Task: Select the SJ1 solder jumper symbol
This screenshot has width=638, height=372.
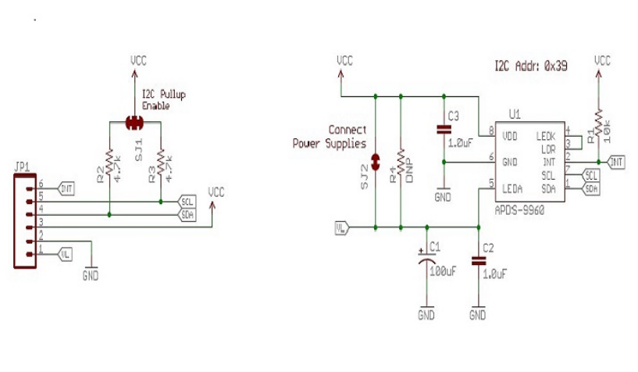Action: point(134,122)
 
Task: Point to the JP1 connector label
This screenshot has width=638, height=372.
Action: point(21,166)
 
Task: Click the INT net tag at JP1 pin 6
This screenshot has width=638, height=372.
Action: point(66,188)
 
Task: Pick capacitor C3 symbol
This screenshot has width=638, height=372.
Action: point(444,130)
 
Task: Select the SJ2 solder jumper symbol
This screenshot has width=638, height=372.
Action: point(376,162)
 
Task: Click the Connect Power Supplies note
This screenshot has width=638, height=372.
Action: point(330,137)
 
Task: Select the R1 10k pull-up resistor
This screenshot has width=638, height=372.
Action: point(598,124)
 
